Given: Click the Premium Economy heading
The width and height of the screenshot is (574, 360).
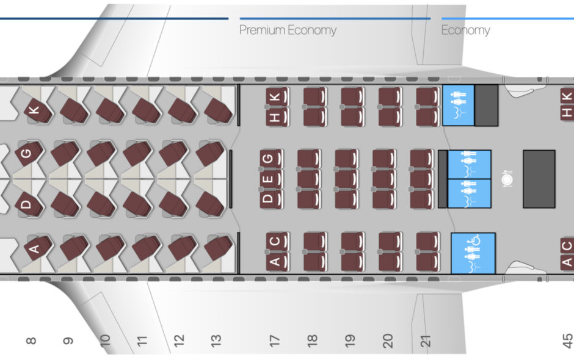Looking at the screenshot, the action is coord(288,30).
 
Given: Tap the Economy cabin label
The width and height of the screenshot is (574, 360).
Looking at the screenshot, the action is coord(465,30).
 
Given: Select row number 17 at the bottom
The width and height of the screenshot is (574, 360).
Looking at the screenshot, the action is coord(275,340).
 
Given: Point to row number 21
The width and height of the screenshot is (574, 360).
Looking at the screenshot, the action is coord(425,340).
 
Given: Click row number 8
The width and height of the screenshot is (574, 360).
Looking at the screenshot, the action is coord(31,341).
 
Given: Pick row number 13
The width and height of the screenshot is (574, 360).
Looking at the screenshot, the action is coord(216,340).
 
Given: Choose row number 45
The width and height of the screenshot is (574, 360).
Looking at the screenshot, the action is coord(567,340).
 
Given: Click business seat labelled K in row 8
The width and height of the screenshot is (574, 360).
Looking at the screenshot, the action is coord(37,109).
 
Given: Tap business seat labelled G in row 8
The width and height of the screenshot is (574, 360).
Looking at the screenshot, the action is coord(29,153).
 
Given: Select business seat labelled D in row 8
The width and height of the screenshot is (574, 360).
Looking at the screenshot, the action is coord(29,203).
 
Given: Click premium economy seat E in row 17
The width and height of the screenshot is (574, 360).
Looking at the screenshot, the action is coord(271,179).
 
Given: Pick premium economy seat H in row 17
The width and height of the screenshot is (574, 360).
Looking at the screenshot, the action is coord(277,117).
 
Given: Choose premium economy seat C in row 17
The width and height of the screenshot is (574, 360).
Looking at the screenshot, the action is coord(277,242).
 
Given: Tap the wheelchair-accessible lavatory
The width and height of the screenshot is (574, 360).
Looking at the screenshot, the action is coord(473,253).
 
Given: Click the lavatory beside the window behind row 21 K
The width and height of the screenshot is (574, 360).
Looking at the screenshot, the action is coord(459,106).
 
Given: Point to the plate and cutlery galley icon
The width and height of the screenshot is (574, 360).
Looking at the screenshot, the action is coord(507,179).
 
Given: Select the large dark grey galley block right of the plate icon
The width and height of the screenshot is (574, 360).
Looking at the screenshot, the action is coord(539,179).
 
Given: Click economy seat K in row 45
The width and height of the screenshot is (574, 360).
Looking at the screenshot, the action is coord(567,97).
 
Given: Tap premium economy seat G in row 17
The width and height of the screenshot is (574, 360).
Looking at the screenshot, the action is coord(271,159).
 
